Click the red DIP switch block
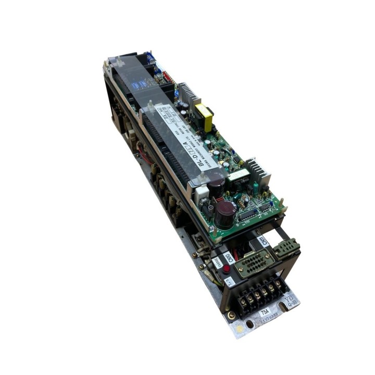167,77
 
